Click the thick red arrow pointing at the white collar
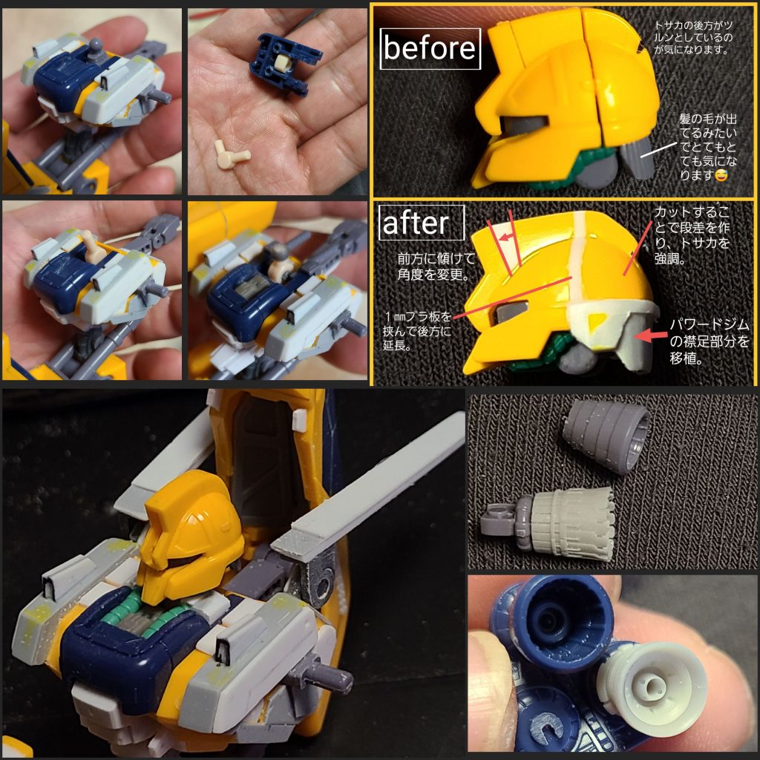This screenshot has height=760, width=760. click(654, 335)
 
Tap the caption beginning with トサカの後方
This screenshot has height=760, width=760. click(690, 38)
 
